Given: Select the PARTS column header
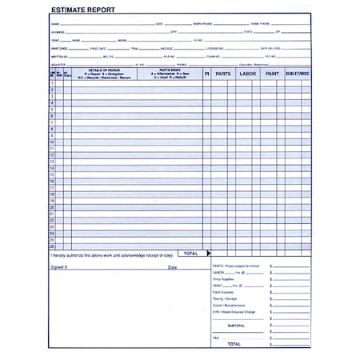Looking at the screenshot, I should point(223,74).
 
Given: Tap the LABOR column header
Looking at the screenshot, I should point(248,74).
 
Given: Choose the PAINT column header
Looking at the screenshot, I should point(273,74).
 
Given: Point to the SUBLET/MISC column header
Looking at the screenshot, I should point(298,74).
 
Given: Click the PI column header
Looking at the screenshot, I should point(206,74).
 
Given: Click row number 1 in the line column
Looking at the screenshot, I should point(52,84).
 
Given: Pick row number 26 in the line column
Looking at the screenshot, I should point(52,246).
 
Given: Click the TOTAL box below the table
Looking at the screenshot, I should point(190,254).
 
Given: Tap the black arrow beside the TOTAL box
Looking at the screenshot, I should point(208,254).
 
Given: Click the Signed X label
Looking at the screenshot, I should point(60,267).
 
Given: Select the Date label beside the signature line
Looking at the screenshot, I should point(172,267).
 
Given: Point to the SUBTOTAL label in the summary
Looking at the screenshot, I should point(236,326).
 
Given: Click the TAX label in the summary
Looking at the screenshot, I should point(216,338).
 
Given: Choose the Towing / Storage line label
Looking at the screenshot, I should point(226,298).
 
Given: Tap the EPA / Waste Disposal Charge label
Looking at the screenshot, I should point(234,311).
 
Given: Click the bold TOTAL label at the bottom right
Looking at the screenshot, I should point(234,344).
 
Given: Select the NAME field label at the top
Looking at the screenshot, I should point(55,24).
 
